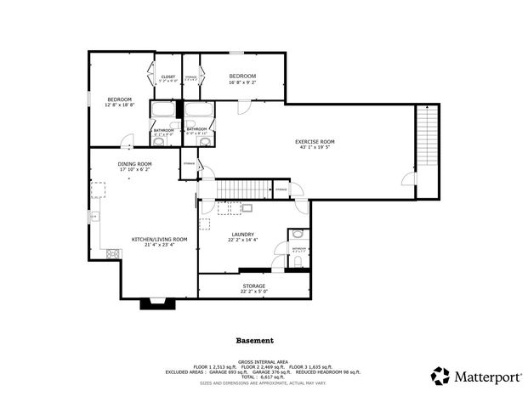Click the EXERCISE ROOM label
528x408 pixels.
[315, 141]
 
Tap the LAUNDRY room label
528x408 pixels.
[242, 235]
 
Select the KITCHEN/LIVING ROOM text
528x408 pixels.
[159, 240]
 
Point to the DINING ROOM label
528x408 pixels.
[134, 163]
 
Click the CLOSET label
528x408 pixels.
[168, 77]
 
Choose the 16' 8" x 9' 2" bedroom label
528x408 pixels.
[242, 76]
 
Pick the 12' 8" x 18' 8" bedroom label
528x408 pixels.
[120, 99]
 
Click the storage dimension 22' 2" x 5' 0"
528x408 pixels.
[253, 286]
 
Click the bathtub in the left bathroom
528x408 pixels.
[163, 110]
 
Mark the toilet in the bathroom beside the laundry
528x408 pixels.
[295, 235]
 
